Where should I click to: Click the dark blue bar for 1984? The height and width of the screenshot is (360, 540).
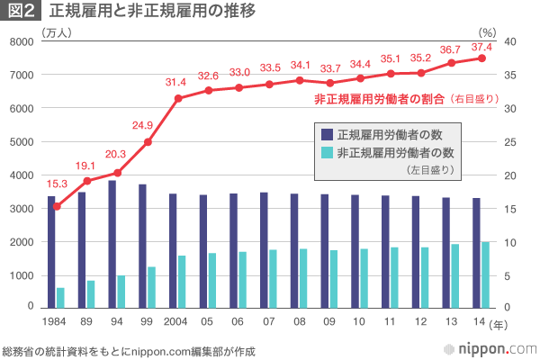click(x=51, y=252)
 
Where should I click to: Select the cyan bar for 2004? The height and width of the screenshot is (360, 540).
click(x=182, y=282)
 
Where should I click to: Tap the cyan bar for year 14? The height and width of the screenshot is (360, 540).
click(x=486, y=274)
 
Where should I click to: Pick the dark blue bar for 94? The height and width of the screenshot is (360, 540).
click(x=112, y=244)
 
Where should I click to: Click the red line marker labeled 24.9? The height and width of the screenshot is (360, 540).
click(x=148, y=142)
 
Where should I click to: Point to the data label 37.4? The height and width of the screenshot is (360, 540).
click(x=481, y=47)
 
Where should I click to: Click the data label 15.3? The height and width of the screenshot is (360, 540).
click(x=58, y=184)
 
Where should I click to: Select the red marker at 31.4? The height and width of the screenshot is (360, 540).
click(x=178, y=98)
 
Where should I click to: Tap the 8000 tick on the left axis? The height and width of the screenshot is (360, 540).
click(x=21, y=42)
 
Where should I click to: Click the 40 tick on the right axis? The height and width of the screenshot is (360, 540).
click(x=509, y=42)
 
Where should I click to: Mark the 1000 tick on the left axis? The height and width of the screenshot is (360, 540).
click(x=21, y=275)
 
